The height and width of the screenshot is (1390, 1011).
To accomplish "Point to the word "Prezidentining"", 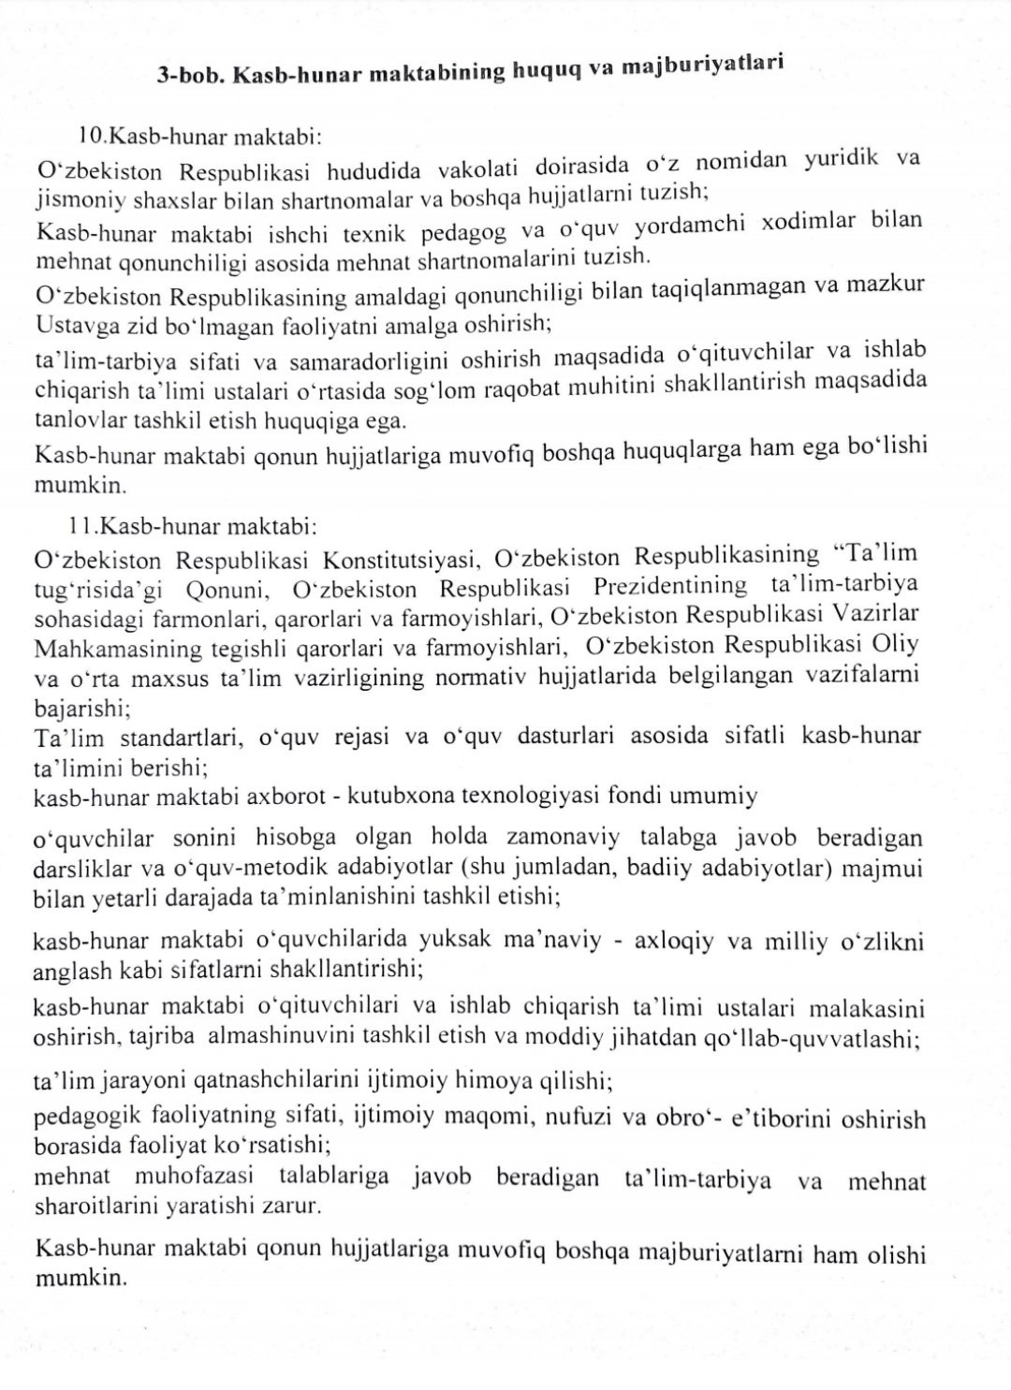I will pyautogui.click(x=670, y=587).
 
